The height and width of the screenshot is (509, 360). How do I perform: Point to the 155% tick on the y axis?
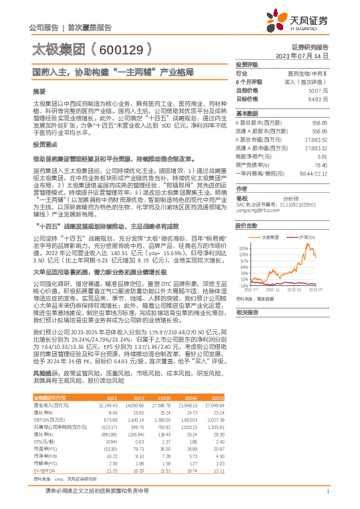pos(244,248)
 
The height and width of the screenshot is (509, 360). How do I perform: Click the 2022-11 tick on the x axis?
pos(270,291)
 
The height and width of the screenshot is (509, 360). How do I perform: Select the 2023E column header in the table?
pos(164,398)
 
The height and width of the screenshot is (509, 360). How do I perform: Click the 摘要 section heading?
pos(39,91)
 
